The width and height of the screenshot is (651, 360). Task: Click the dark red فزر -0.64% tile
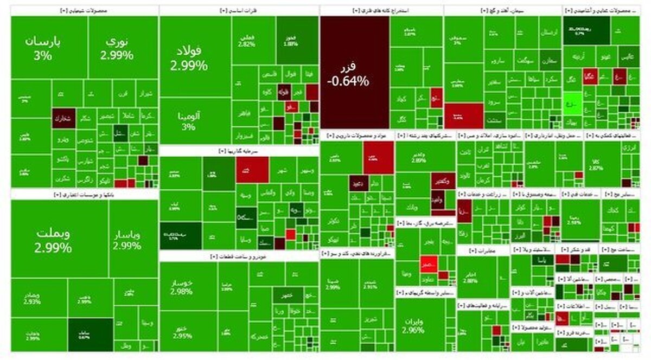pyautogui.click(x=354, y=73)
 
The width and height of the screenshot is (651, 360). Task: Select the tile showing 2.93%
pyautogui.click(x=33, y=298)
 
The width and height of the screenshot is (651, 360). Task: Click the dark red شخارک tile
pyautogui.click(x=63, y=119)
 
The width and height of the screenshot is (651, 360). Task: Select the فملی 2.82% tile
pyautogui.click(x=246, y=41)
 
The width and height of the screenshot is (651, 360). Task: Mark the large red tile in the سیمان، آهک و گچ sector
pyautogui.click(x=464, y=115)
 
